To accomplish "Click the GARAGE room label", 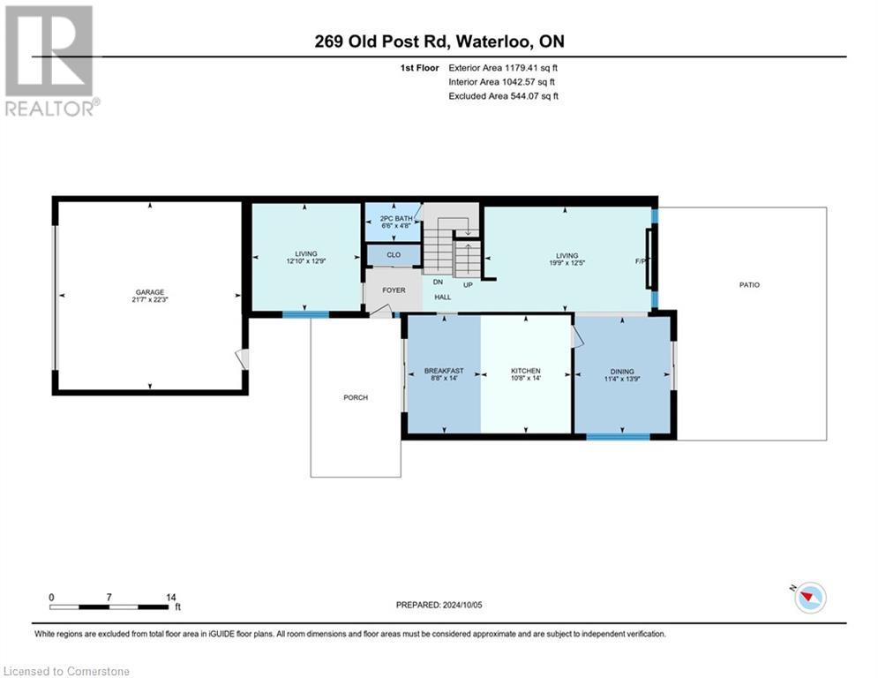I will pyautogui.click(x=149, y=292).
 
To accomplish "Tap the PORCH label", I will pyautogui.click(x=356, y=397).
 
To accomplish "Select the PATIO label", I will pyautogui.click(x=749, y=284).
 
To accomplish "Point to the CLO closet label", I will pyautogui.click(x=394, y=255).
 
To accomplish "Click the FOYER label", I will pyautogui.click(x=394, y=290).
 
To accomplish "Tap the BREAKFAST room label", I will pyautogui.click(x=443, y=371).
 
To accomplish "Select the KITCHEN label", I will pyautogui.click(x=526, y=371).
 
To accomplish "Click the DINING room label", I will pyautogui.click(x=622, y=371).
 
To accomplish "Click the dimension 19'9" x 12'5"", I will pyautogui.click(x=567, y=262).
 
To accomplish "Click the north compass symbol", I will pyautogui.click(x=808, y=598).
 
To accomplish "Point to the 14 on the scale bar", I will pyautogui.click(x=169, y=598).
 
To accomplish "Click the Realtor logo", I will pyautogui.click(x=49, y=59).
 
